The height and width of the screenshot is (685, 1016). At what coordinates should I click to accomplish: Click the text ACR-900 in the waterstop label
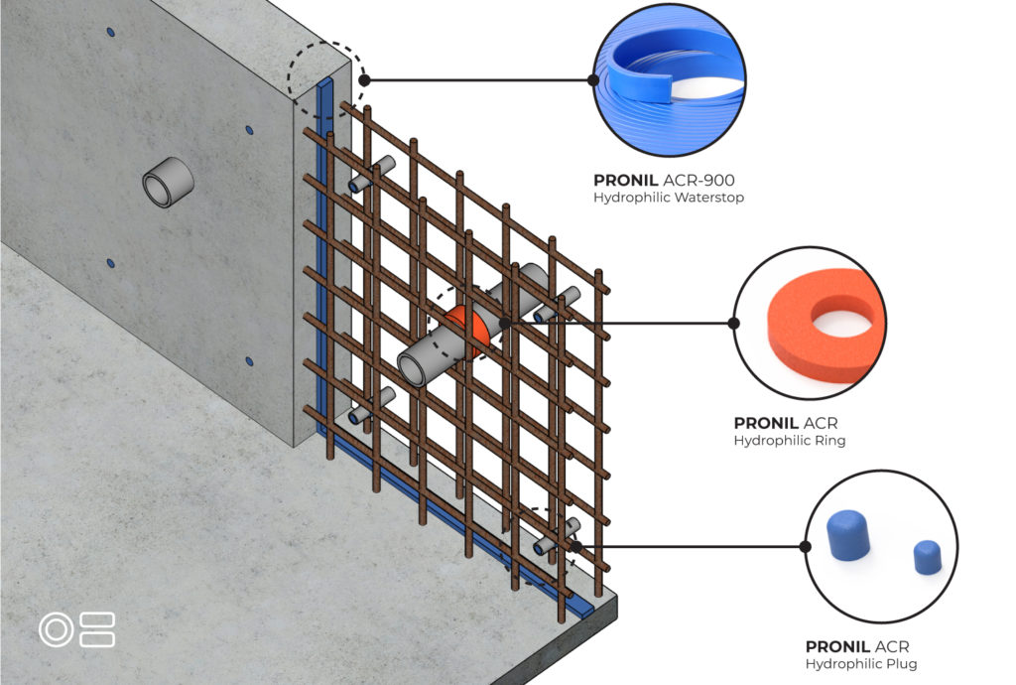point(698,180)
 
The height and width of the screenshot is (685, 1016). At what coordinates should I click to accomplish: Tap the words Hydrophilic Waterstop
point(669,197)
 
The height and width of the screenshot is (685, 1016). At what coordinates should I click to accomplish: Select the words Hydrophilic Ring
point(789,441)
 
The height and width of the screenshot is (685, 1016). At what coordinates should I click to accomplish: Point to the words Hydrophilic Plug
point(861,663)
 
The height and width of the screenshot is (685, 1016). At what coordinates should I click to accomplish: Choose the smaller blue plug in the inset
point(928,557)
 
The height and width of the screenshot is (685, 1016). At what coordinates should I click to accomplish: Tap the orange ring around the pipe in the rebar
point(461,330)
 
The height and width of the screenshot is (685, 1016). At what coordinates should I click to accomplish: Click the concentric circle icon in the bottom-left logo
point(57,630)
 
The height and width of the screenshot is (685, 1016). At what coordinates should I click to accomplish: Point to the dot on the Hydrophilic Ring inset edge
point(734,323)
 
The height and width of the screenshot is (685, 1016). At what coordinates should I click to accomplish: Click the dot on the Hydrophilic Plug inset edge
point(806,546)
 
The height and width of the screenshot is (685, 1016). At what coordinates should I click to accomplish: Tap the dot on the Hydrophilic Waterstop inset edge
point(593,79)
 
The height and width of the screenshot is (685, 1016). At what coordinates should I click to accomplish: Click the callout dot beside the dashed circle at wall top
point(365,79)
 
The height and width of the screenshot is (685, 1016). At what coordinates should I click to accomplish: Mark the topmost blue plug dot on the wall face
point(111,31)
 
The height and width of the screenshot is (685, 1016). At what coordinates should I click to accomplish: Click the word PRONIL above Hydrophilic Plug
point(837,646)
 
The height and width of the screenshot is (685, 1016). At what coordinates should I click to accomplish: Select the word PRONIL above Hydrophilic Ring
point(766,423)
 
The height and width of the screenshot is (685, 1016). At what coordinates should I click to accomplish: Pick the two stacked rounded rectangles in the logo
point(97,630)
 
